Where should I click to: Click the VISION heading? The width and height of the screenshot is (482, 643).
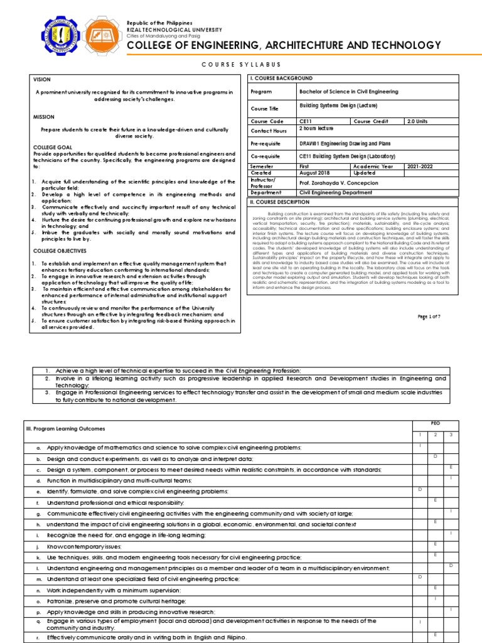[x=42, y=80]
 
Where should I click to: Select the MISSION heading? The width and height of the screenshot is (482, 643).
[x=44, y=117]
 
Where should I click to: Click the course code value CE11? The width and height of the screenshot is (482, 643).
[x=306, y=121]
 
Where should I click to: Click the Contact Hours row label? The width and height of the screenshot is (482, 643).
[x=270, y=131]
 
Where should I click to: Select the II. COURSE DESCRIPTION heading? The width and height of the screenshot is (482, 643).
[x=280, y=202]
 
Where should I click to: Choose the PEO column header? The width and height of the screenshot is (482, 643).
[x=436, y=424]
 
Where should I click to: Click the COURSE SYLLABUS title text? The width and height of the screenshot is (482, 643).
[x=240, y=65]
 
